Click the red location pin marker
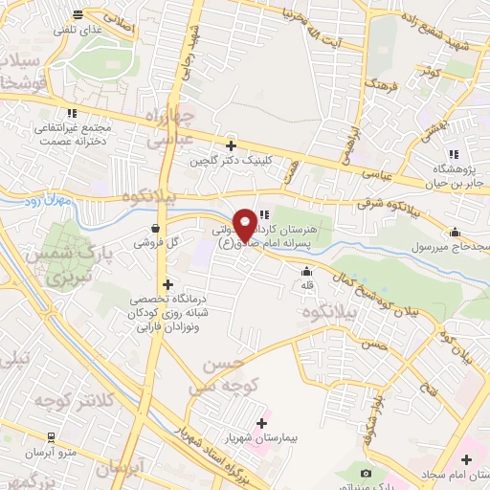246,224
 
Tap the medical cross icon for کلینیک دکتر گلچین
230,146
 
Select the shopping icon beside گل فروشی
154,228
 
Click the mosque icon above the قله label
306,272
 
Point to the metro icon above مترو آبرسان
51,435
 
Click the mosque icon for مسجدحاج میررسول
455,232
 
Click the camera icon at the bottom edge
367,474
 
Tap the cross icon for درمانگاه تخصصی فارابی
168,284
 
